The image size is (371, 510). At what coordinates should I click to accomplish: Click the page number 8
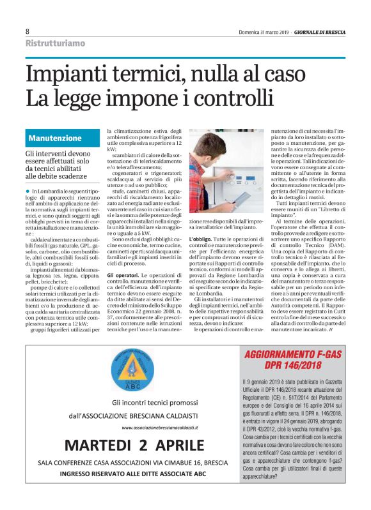(x=28, y=31)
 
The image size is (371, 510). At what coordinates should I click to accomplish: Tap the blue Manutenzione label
(x=55, y=138)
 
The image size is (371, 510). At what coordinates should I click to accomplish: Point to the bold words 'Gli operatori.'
(x=122, y=257)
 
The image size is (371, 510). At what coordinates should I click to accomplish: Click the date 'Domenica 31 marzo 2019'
(x=264, y=32)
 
